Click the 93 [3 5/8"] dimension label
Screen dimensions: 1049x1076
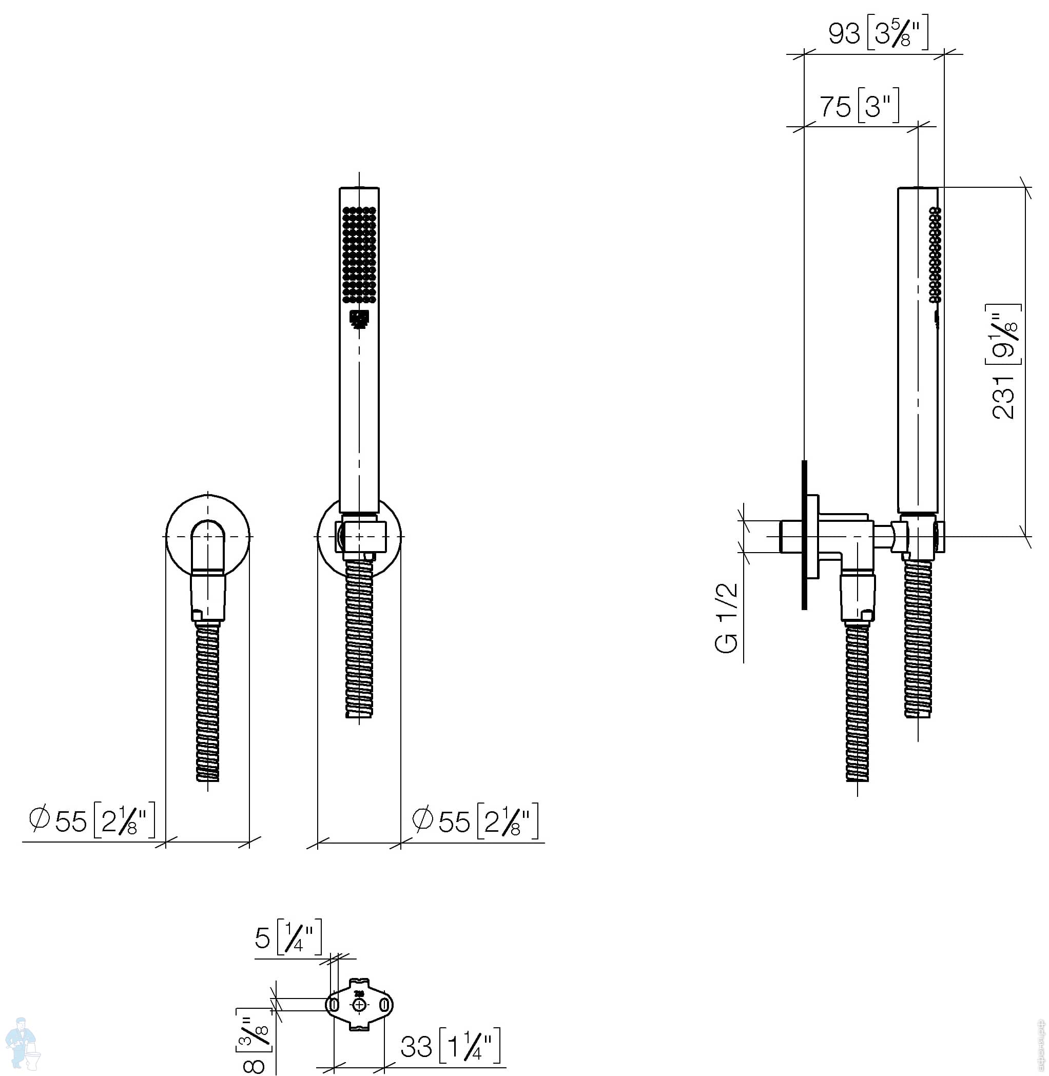tap(879, 32)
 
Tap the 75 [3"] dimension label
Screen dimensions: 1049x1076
tap(860, 105)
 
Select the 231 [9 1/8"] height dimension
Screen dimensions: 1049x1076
tap(1004, 361)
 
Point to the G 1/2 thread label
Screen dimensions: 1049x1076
tap(726, 618)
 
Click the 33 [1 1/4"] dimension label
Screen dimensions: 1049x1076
tap(450, 1046)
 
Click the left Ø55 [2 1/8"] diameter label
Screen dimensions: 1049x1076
tap(92, 820)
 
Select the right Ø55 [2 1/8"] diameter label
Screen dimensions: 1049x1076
tap(475, 821)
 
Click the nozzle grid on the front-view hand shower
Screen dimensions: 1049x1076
tap(359, 255)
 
